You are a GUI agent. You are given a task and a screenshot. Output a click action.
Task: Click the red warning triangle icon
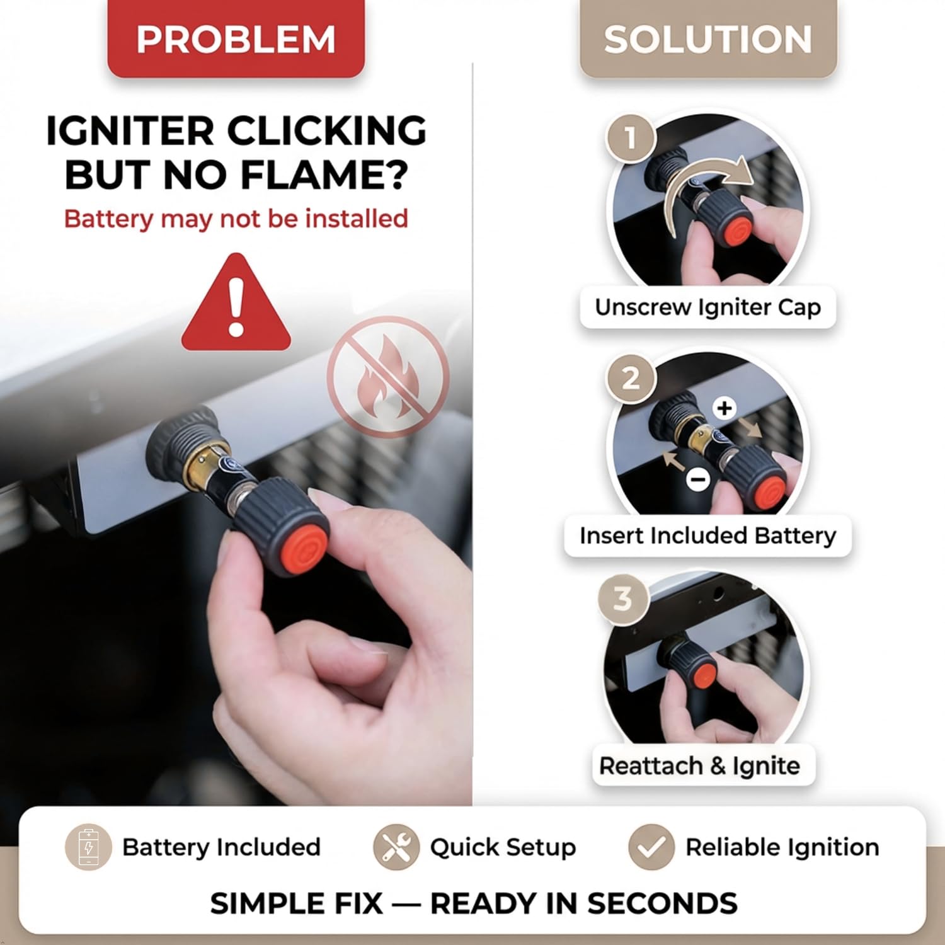tap(236, 302)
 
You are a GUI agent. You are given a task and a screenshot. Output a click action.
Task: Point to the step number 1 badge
tap(631, 137)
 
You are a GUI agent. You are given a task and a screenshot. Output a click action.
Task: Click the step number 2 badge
tap(631, 379)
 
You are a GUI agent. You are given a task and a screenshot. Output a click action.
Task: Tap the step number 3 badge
tap(622, 598)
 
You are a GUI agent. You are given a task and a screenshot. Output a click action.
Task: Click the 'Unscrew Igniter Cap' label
tap(708, 307)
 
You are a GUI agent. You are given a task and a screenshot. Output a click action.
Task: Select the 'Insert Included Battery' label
tap(708, 535)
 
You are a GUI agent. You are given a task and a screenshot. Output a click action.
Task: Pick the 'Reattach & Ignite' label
tap(700, 765)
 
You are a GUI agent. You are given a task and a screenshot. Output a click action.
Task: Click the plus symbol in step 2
tap(724, 408)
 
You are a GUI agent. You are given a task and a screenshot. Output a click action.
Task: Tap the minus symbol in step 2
tap(698, 479)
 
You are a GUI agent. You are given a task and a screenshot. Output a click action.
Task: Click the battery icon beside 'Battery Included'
tap(89, 847)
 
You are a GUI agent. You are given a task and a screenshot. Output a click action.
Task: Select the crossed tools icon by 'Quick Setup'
tap(396, 847)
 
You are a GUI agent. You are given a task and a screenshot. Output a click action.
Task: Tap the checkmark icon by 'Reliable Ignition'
tap(651, 847)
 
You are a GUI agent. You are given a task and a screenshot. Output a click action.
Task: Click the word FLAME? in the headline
tap(324, 175)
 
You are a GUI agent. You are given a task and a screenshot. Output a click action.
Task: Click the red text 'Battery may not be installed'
tap(236, 219)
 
